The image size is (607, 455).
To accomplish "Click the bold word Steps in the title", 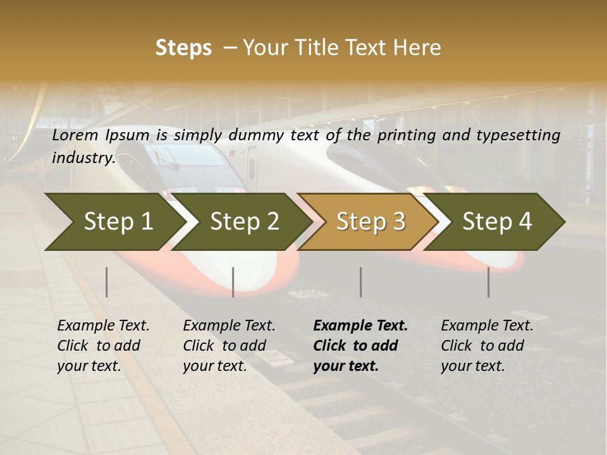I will (x=183, y=48).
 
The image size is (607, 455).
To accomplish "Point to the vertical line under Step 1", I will (x=107, y=282).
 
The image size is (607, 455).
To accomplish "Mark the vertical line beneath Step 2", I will (x=233, y=282).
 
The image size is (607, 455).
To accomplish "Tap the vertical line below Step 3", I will (x=361, y=282).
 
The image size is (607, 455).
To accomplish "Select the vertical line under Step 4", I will (x=489, y=282).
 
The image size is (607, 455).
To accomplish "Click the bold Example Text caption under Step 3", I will (x=360, y=346).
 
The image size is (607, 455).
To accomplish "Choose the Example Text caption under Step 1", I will (x=103, y=346).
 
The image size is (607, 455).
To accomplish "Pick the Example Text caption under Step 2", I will (x=229, y=346).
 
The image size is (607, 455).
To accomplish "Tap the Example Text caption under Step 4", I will (x=487, y=346).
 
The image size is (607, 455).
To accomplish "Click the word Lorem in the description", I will (x=75, y=135).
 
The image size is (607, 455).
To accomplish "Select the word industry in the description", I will (x=83, y=158).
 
